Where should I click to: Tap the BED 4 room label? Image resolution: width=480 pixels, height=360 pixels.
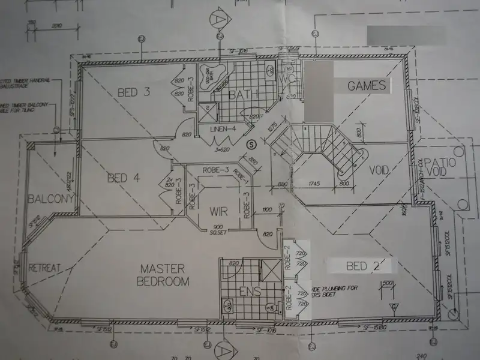124,178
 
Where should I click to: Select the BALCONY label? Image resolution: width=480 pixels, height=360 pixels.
51,199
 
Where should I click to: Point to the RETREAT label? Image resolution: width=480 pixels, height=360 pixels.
46,268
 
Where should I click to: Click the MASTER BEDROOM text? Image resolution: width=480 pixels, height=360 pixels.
163,275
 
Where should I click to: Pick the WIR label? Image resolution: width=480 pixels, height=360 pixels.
217,211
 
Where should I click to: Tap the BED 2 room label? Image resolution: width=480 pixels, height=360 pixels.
362,265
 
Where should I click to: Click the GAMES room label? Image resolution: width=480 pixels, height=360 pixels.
367,86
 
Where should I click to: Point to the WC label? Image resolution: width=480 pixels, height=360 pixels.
286,80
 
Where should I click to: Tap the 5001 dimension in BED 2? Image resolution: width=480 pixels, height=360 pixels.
388,283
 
